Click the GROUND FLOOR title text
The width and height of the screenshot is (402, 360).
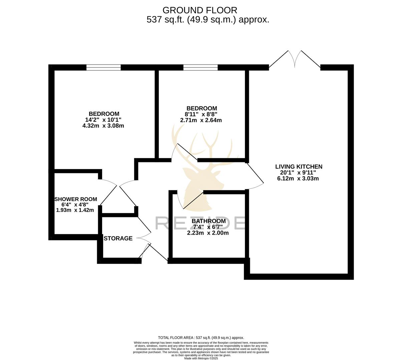point(200,10)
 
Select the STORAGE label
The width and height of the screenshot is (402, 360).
point(118,238)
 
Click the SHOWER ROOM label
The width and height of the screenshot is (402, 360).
point(76,199)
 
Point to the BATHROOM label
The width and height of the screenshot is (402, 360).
point(209,221)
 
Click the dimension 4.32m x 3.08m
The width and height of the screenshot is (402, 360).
point(103,126)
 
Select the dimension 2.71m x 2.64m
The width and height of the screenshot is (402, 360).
point(201,120)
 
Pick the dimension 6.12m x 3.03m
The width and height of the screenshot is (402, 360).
point(298,178)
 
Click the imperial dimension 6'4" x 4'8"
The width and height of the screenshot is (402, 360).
point(75,205)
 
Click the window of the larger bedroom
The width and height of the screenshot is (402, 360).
point(103,67)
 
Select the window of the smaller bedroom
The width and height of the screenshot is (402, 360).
point(200,67)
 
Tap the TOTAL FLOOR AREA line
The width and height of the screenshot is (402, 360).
point(201,338)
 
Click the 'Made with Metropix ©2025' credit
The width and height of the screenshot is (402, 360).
point(201,358)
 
